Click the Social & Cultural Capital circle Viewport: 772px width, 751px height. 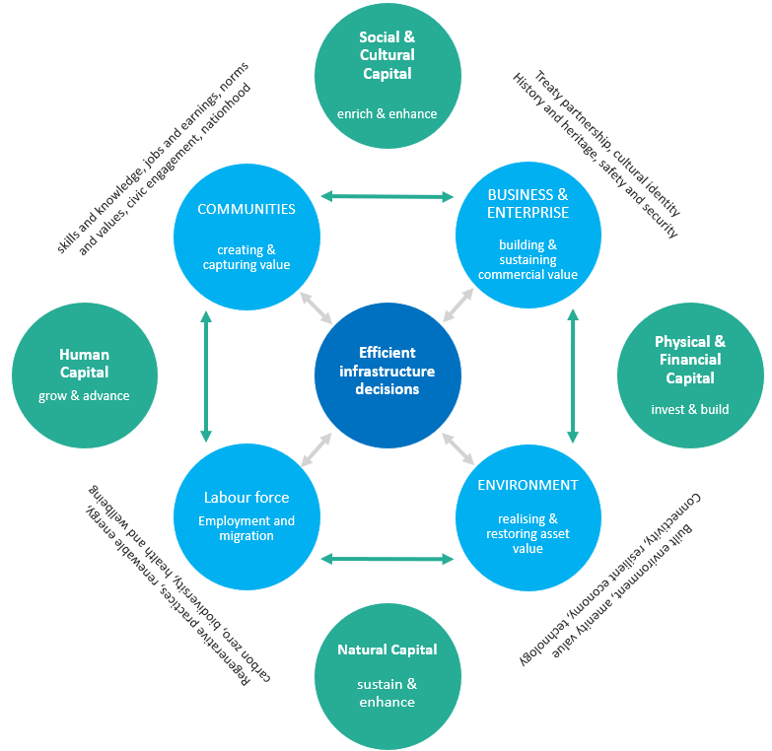click(387, 77)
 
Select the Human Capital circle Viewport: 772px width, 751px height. click(85, 375)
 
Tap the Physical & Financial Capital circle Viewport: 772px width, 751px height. click(690, 375)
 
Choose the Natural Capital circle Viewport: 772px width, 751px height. click(387, 676)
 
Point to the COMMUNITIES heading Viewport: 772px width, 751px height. click(246, 209)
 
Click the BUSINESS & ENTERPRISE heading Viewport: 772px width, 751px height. click(528, 203)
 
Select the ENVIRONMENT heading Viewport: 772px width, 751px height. click(527, 485)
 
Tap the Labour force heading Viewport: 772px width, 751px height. click(246, 497)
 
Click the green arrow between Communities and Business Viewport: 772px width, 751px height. click(387, 197)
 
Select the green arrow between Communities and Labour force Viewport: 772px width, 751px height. click(206, 375)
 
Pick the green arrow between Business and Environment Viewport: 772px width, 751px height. click(572, 375)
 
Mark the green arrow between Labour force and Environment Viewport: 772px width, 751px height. click(387, 559)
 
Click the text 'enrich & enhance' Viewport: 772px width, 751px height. click(387, 113)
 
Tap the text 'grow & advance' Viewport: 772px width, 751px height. click(85, 396)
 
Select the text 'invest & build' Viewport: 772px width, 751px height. click(690, 408)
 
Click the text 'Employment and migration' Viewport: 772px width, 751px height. click(246, 528)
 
